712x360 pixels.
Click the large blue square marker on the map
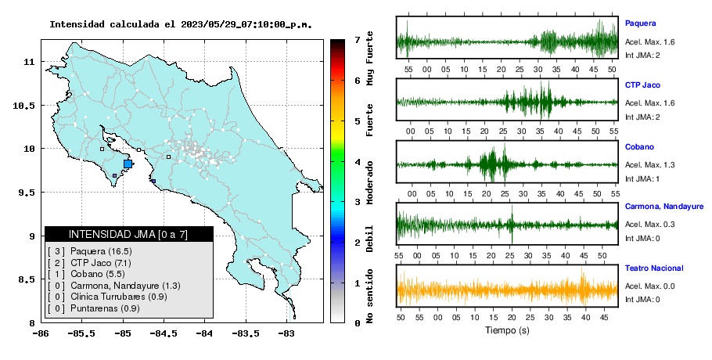[128, 164]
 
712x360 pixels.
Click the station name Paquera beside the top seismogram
[640, 23]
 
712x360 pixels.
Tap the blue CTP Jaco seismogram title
[642, 85]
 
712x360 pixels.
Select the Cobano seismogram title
[639, 146]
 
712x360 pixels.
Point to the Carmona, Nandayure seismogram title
[663, 207]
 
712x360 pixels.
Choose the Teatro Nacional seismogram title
[654, 268]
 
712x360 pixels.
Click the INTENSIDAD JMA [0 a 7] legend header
[128, 234]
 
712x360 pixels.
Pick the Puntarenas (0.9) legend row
[93, 308]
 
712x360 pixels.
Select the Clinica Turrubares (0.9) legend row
[106, 297]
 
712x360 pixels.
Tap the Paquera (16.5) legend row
[89, 251]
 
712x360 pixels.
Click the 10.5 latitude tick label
[24, 106]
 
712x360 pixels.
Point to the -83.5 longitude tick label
[246, 333]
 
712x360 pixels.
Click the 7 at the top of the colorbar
[358, 40]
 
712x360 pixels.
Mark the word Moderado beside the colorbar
[369, 182]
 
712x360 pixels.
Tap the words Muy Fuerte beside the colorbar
[369, 58]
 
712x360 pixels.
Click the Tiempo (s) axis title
[507, 330]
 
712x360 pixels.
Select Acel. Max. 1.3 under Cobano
[649, 165]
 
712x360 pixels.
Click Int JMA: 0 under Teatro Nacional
[642, 300]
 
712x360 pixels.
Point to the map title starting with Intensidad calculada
[181, 24]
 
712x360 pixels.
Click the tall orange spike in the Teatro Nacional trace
[583, 285]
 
